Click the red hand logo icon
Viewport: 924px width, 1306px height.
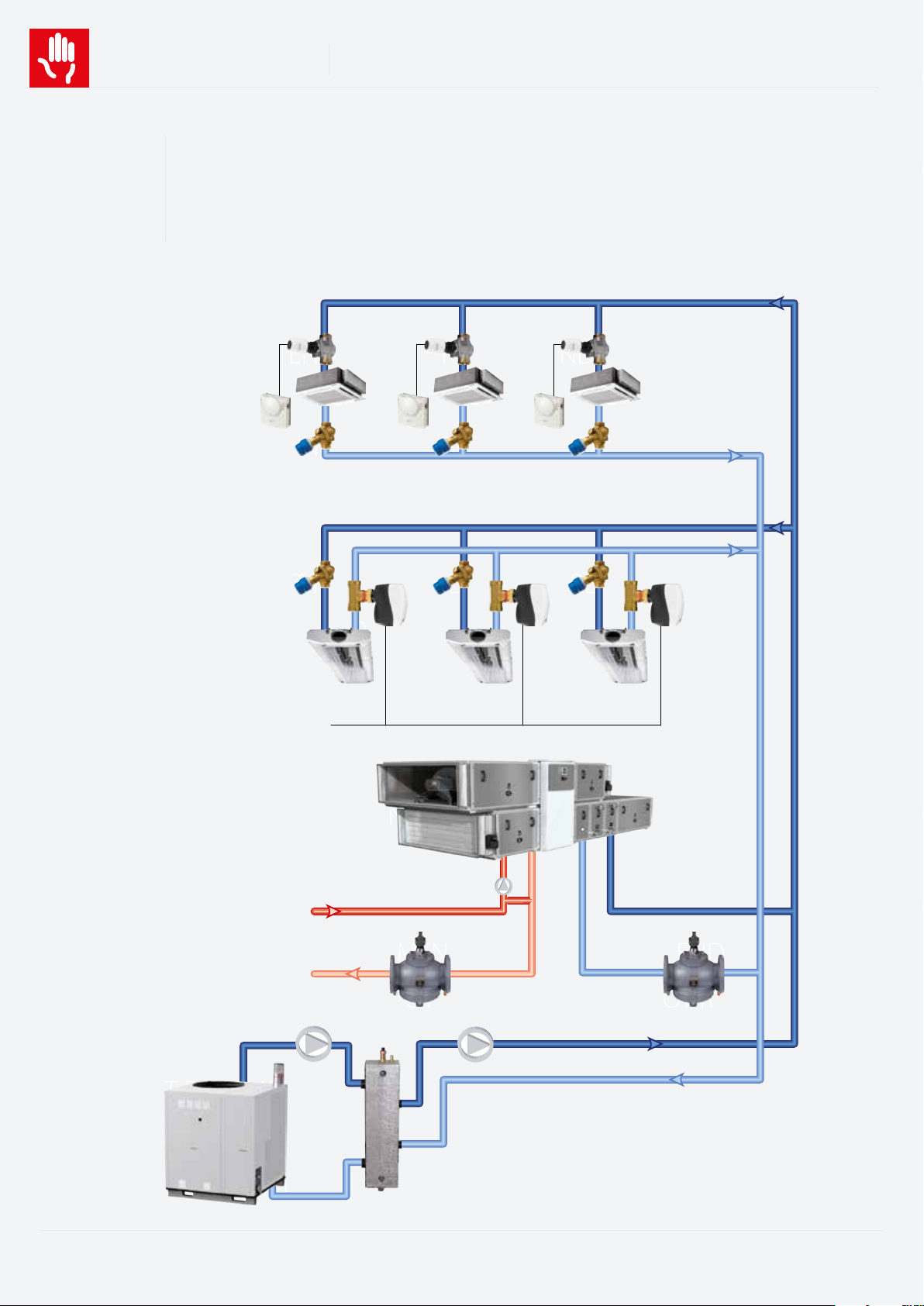[x=59, y=58]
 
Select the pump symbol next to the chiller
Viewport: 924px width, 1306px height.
[x=314, y=1045]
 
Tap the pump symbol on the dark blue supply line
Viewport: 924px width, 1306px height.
[x=475, y=1045]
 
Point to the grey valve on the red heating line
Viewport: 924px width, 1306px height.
[x=419, y=973]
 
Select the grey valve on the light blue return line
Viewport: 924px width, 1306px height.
[x=694, y=973]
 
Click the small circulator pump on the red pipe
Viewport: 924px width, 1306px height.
[x=504, y=886]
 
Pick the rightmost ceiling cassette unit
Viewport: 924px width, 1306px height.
[x=605, y=384]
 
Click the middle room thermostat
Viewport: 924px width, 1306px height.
[x=412, y=409]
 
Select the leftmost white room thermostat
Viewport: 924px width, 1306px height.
[x=275, y=409]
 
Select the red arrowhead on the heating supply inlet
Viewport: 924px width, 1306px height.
[x=333, y=911]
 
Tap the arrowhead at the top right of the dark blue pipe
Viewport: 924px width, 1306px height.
[x=777, y=302]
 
